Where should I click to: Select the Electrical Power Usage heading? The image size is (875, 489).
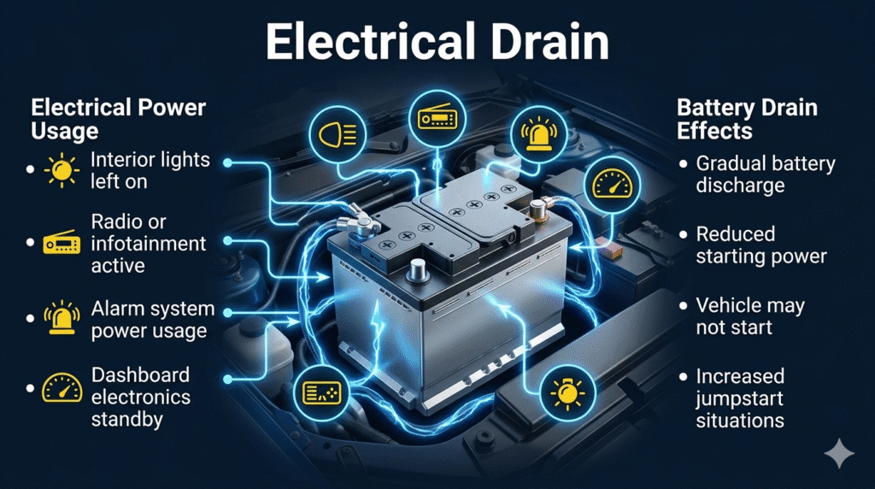pyautogui.click(x=118, y=120)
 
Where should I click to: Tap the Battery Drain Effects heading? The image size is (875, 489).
pyautogui.click(x=747, y=120)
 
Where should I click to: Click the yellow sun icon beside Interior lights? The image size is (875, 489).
pyautogui.click(x=62, y=170)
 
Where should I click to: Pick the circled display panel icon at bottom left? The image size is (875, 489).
pyautogui.click(x=322, y=392)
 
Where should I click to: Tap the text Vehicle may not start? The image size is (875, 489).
pyautogui.click(x=749, y=316)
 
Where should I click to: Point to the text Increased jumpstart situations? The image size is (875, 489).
pyautogui.click(x=740, y=398)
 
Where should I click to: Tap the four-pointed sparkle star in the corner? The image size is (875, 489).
pyautogui.click(x=839, y=454)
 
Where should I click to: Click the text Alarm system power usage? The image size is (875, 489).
pyautogui.click(x=152, y=319)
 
